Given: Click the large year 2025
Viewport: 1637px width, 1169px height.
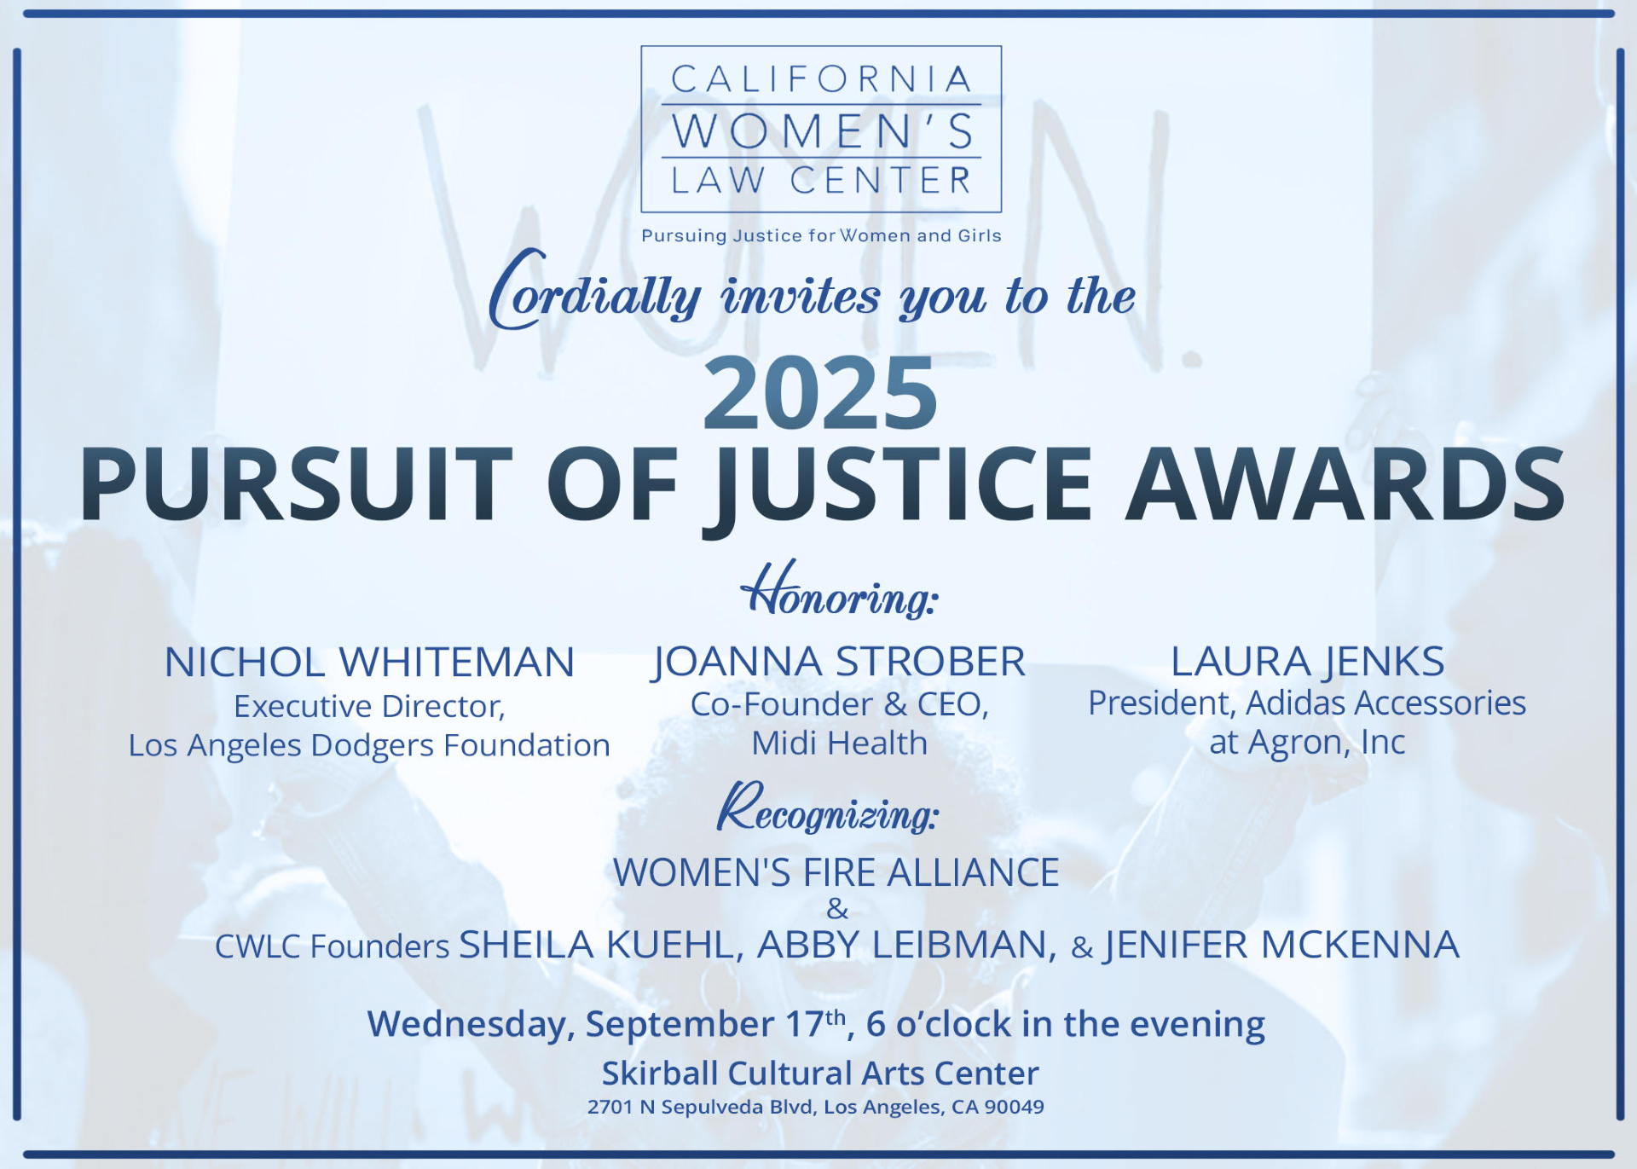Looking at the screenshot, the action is pyautogui.click(x=820, y=393).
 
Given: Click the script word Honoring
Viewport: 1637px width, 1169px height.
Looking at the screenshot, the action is pyautogui.click(x=840, y=590).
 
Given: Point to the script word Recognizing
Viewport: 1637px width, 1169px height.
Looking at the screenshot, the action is pyautogui.click(x=828, y=808).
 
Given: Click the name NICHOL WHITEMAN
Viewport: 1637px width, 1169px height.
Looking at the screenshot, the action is pyautogui.click(x=369, y=663).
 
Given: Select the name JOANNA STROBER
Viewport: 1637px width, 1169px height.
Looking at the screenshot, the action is pyautogui.click(x=839, y=663).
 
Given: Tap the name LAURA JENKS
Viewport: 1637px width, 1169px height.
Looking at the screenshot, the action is pyautogui.click(x=1307, y=663).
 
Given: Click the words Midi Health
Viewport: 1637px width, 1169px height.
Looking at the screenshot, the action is pyautogui.click(x=839, y=744).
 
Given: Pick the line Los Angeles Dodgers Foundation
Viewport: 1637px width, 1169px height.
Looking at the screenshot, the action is pyautogui.click(x=369, y=745).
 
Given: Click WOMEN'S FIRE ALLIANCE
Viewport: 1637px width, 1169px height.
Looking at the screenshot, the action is pyautogui.click(x=836, y=873).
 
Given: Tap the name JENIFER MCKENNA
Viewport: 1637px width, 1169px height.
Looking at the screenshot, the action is pyautogui.click(x=1281, y=946).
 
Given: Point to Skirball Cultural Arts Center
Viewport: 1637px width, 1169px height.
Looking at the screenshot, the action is pyautogui.click(x=820, y=1074).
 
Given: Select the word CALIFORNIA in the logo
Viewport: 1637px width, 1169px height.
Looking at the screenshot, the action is pyautogui.click(x=821, y=79).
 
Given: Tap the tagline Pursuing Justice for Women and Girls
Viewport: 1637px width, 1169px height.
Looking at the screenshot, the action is pyautogui.click(x=821, y=236).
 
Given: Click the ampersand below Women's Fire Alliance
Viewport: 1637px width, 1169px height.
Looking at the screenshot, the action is pyautogui.click(x=837, y=909).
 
